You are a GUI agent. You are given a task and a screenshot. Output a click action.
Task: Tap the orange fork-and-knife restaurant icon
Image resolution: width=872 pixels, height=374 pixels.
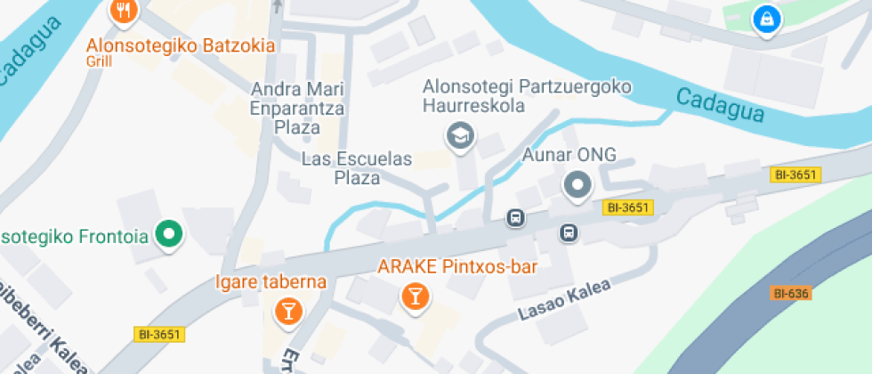point(123,11)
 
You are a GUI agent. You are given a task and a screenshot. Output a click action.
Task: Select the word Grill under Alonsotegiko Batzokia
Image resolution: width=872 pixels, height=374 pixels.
point(98,62)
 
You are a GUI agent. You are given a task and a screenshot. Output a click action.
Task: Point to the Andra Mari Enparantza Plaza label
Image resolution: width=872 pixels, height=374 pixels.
point(297,108)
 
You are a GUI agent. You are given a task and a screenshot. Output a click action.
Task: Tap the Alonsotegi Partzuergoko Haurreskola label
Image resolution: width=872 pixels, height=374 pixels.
point(527,96)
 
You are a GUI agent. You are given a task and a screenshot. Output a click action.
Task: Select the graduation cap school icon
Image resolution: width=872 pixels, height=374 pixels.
point(461,136)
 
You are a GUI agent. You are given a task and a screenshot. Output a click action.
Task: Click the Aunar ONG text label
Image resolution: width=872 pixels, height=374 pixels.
point(569,154)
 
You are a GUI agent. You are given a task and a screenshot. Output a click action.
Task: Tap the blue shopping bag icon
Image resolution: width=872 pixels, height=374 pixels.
point(764,17)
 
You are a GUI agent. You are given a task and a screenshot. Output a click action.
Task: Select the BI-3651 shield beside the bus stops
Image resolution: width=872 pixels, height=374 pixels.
point(628,207)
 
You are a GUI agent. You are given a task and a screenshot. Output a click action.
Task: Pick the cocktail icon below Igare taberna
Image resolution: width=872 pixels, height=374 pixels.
point(288,311)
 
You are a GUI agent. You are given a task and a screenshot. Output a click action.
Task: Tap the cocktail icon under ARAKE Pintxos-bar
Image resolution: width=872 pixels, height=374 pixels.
point(414,296)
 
